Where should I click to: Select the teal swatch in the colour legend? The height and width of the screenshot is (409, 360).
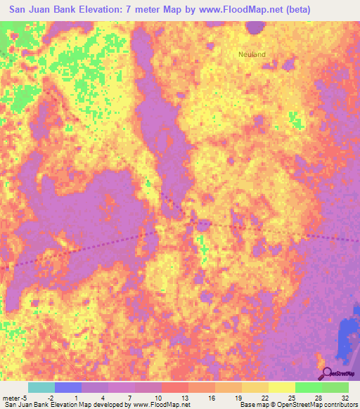coord(41,387)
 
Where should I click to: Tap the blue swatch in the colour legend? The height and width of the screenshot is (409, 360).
coord(68,387)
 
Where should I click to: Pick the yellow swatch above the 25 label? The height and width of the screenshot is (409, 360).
coord(281,387)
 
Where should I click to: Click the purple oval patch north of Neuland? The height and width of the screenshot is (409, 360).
coord(255,27)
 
